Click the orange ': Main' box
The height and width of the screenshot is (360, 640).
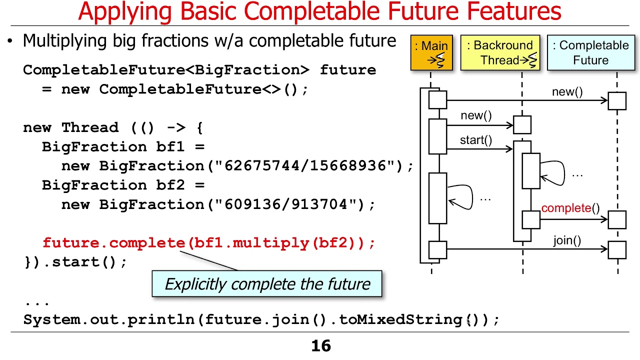click(x=431, y=52)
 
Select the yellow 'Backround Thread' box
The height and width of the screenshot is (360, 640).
click(x=500, y=52)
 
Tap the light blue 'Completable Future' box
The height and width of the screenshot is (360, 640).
click(x=590, y=52)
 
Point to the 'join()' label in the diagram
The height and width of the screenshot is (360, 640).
click(x=567, y=240)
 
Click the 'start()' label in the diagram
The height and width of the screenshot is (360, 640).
click(x=475, y=140)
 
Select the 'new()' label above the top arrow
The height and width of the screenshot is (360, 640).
click(x=567, y=92)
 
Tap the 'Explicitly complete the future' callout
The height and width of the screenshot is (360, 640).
click(x=267, y=284)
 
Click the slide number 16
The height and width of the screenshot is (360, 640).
click(x=320, y=346)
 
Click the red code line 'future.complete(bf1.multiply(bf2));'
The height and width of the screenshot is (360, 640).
click(x=208, y=243)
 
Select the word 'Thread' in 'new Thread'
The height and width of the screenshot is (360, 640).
click(x=90, y=127)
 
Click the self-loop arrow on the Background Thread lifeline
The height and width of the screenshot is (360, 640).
click(x=553, y=173)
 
